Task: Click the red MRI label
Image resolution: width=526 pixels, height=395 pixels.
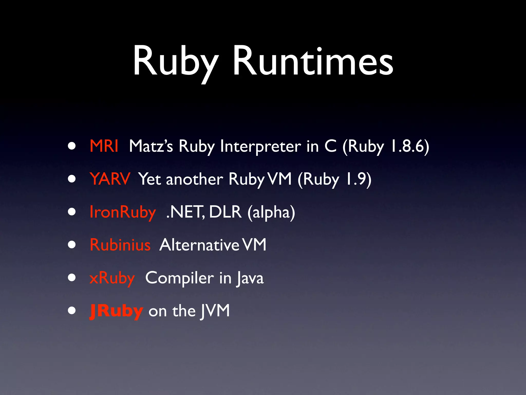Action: click(x=104, y=146)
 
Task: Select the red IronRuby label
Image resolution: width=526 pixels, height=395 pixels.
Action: click(x=123, y=212)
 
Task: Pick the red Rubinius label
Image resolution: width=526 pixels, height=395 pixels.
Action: click(x=120, y=245)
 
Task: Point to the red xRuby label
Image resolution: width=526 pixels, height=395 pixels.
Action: click(x=112, y=278)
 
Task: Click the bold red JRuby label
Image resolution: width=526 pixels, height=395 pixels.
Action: click(x=116, y=311)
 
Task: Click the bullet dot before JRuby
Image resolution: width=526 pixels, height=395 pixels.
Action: click(x=72, y=311)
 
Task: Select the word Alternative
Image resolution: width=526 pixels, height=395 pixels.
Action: click(x=199, y=245)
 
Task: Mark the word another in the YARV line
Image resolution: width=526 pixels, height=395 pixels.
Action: click(x=194, y=179)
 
